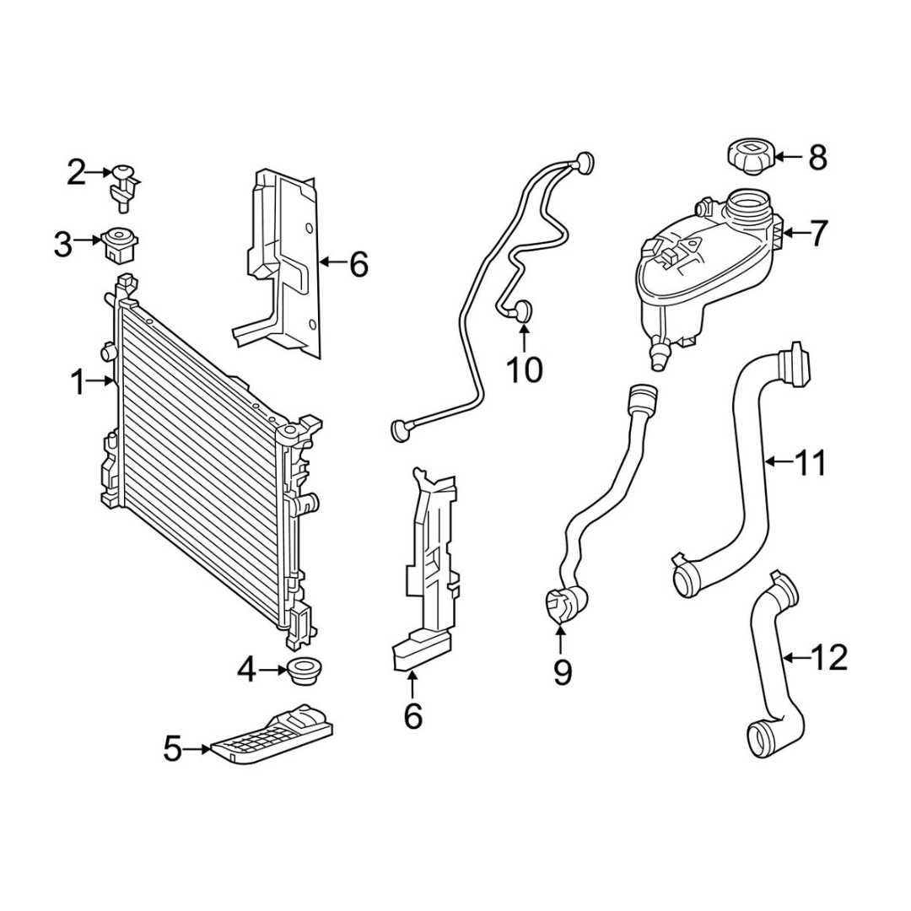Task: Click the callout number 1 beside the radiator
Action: pyautogui.click(x=78, y=382)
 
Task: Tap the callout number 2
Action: pyautogui.click(x=76, y=173)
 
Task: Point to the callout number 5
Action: pyautogui.click(x=173, y=749)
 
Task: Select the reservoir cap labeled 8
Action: pyautogui.click(x=747, y=156)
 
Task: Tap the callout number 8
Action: pyautogui.click(x=817, y=158)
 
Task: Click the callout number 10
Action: pyautogui.click(x=525, y=369)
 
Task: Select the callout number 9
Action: pyautogui.click(x=562, y=672)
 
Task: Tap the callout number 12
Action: pyautogui.click(x=831, y=658)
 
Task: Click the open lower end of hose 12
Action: pyautogui.click(x=759, y=740)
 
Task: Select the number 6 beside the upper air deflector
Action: pyautogui.click(x=358, y=264)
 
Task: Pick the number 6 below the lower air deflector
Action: pyautogui.click(x=412, y=716)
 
